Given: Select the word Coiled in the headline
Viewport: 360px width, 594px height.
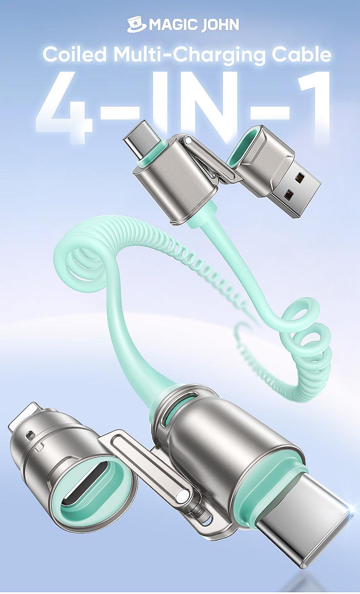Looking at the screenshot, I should tap(75, 55).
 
